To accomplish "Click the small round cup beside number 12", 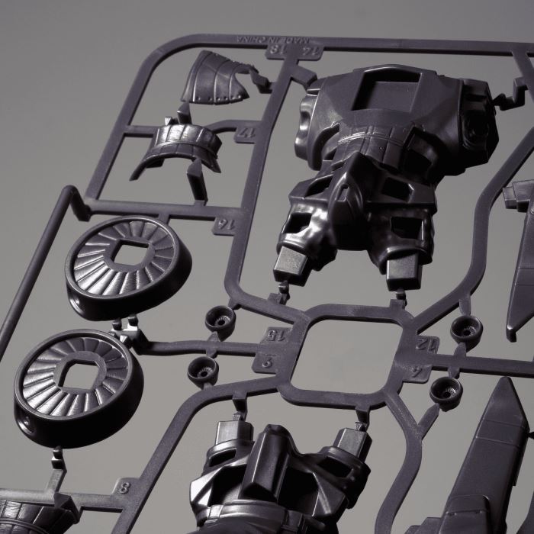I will (x=465, y=328).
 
